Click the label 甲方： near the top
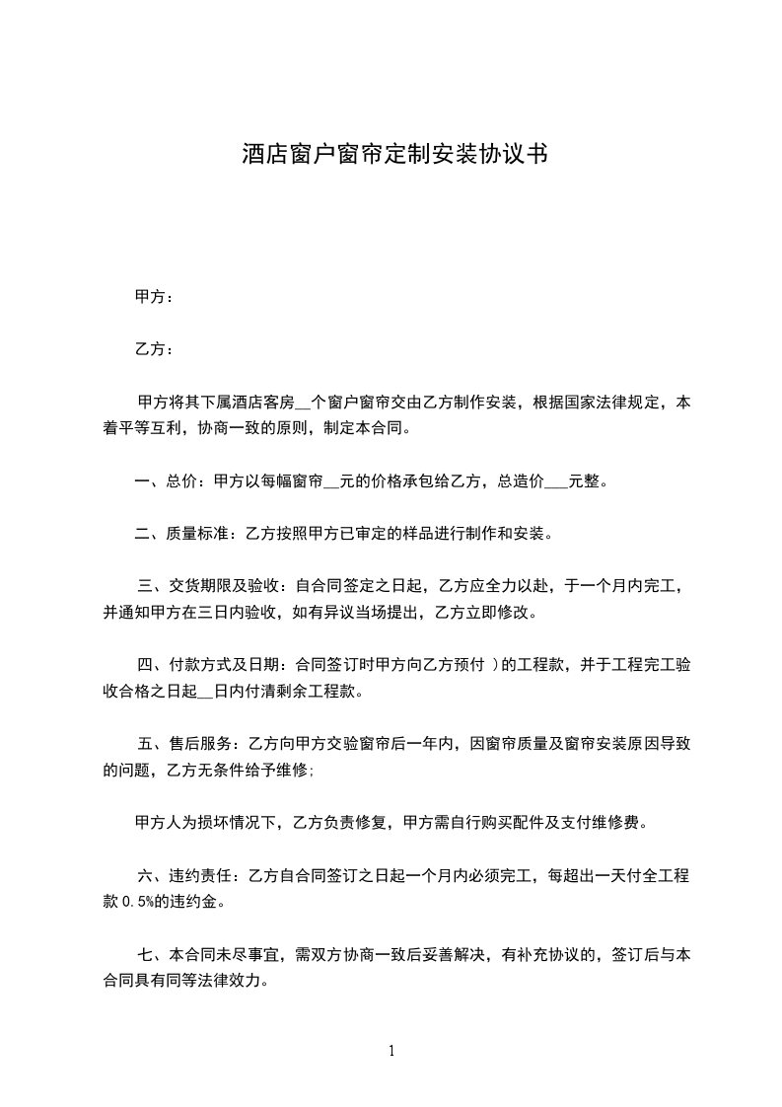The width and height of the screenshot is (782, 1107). pos(154,296)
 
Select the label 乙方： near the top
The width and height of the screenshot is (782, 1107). pos(154,349)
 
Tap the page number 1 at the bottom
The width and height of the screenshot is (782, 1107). pos(391,1051)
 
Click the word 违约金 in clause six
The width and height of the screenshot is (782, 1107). pos(198,901)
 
